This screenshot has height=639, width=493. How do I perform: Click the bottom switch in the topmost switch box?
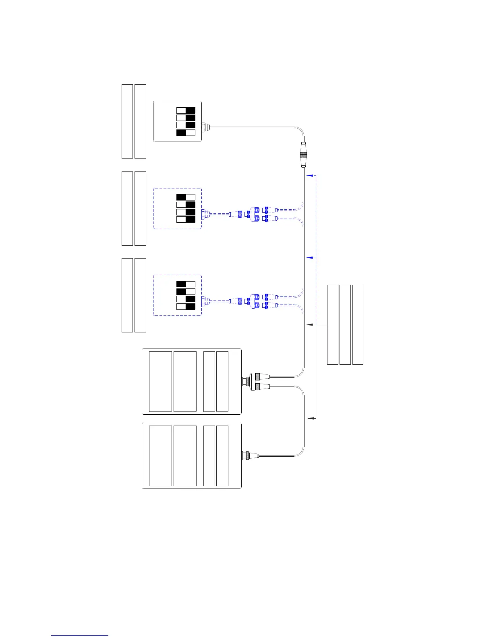pyautogui.click(x=186, y=133)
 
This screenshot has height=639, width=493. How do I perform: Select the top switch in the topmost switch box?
pyautogui.click(x=186, y=110)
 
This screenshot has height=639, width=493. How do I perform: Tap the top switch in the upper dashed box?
pyautogui.click(x=186, y=197)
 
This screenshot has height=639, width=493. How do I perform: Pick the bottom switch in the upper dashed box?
pyautogui.click(x=186, y=219)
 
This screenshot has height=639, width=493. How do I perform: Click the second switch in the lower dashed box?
pyautogui.click(x=186, y=291)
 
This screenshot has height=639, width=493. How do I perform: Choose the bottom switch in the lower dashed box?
pyautogui.click(x=186, y=307)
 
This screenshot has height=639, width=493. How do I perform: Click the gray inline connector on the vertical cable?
pyautogui.click(x=304, y=155)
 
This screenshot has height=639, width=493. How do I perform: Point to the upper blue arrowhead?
pyautogui.click(x=309, y=176)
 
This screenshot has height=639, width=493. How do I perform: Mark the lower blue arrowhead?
pyautogui.click(x=309, y=257)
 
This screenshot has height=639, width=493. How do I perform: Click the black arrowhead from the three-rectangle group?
pyautogui.click(x=309, y=324)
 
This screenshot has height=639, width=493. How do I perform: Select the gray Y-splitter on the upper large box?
pyautogui.click(x=255, y=382)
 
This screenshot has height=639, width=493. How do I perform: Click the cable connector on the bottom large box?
pyautogui.click(x=245, y=456)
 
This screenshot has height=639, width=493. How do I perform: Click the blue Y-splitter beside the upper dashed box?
pyautogui.click(x=255, y=214)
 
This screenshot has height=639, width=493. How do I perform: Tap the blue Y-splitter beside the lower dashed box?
pyautogui.click(x=255, y=301)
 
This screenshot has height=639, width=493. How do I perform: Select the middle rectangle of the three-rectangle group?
pyautogui.click(x=345, y=325)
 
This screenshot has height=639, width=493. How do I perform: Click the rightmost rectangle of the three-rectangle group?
pyautogui.click(x=358, y=325)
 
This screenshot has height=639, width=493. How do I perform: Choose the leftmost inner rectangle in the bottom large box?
pyautogui.click(x=160, y=455)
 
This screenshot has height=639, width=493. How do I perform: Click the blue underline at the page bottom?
pyautogui.click(x=80, y=635)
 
